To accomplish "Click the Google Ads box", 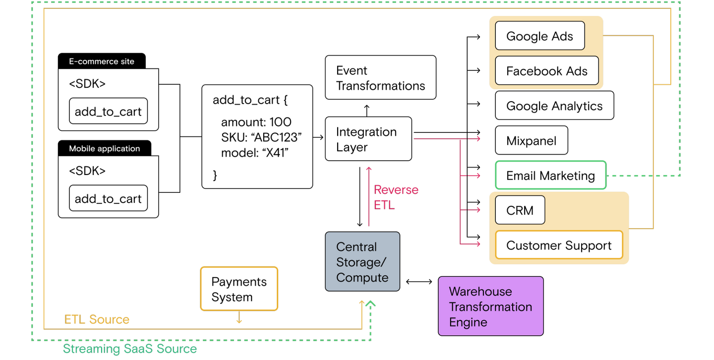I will tap(539, 36).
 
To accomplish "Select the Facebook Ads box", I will tap(546, 71).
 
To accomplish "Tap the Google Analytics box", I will tap(554, 106).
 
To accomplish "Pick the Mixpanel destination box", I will tap(531, 141).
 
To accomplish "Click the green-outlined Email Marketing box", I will tap(550, 176).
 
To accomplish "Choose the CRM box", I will tap(520, 210).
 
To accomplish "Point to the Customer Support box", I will tap(559, 245).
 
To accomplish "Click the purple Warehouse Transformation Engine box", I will tap(490, 306).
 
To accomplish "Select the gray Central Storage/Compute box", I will tap(362, 261).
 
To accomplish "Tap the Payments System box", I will tap(239, 289).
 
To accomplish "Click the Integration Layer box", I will tap(368, 139).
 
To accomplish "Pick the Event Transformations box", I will tap(380, 78).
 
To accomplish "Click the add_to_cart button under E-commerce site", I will tap(108, 112).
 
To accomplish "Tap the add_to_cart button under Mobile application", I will tap(108, 198).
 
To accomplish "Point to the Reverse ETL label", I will tap(396, 197).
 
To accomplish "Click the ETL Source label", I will tap(97, 319).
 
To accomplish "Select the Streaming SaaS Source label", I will tap(129, 349).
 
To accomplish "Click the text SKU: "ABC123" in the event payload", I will tap(261, 137).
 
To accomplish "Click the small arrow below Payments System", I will tap(239, 321).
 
